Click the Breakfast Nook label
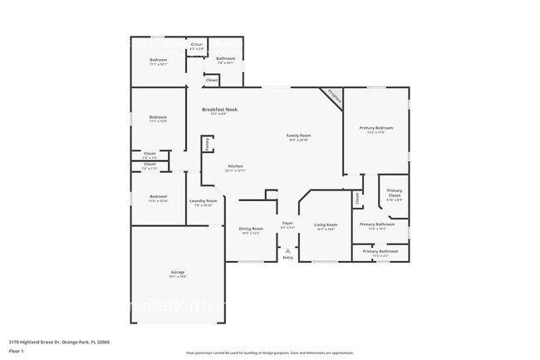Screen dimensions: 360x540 point(219,109)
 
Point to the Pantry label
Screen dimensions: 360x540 point(205,144)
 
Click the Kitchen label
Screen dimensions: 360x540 point(235,166)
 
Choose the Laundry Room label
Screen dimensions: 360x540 point(203,200)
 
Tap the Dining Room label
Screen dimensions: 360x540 point(251,229)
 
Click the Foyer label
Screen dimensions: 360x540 point(287,223)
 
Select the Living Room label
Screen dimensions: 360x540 point(325,224)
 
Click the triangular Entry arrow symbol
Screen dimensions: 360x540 point(287,249)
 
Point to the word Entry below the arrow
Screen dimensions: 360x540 point(287,258)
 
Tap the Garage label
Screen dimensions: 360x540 point(178,272)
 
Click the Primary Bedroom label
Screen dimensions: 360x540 point(376,128)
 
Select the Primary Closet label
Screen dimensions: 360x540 point(394,192)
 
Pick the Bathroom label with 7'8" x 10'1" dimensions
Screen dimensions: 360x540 point(226,58)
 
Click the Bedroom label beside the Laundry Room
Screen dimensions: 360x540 point(158,197)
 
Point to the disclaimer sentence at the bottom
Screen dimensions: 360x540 point(269,353)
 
